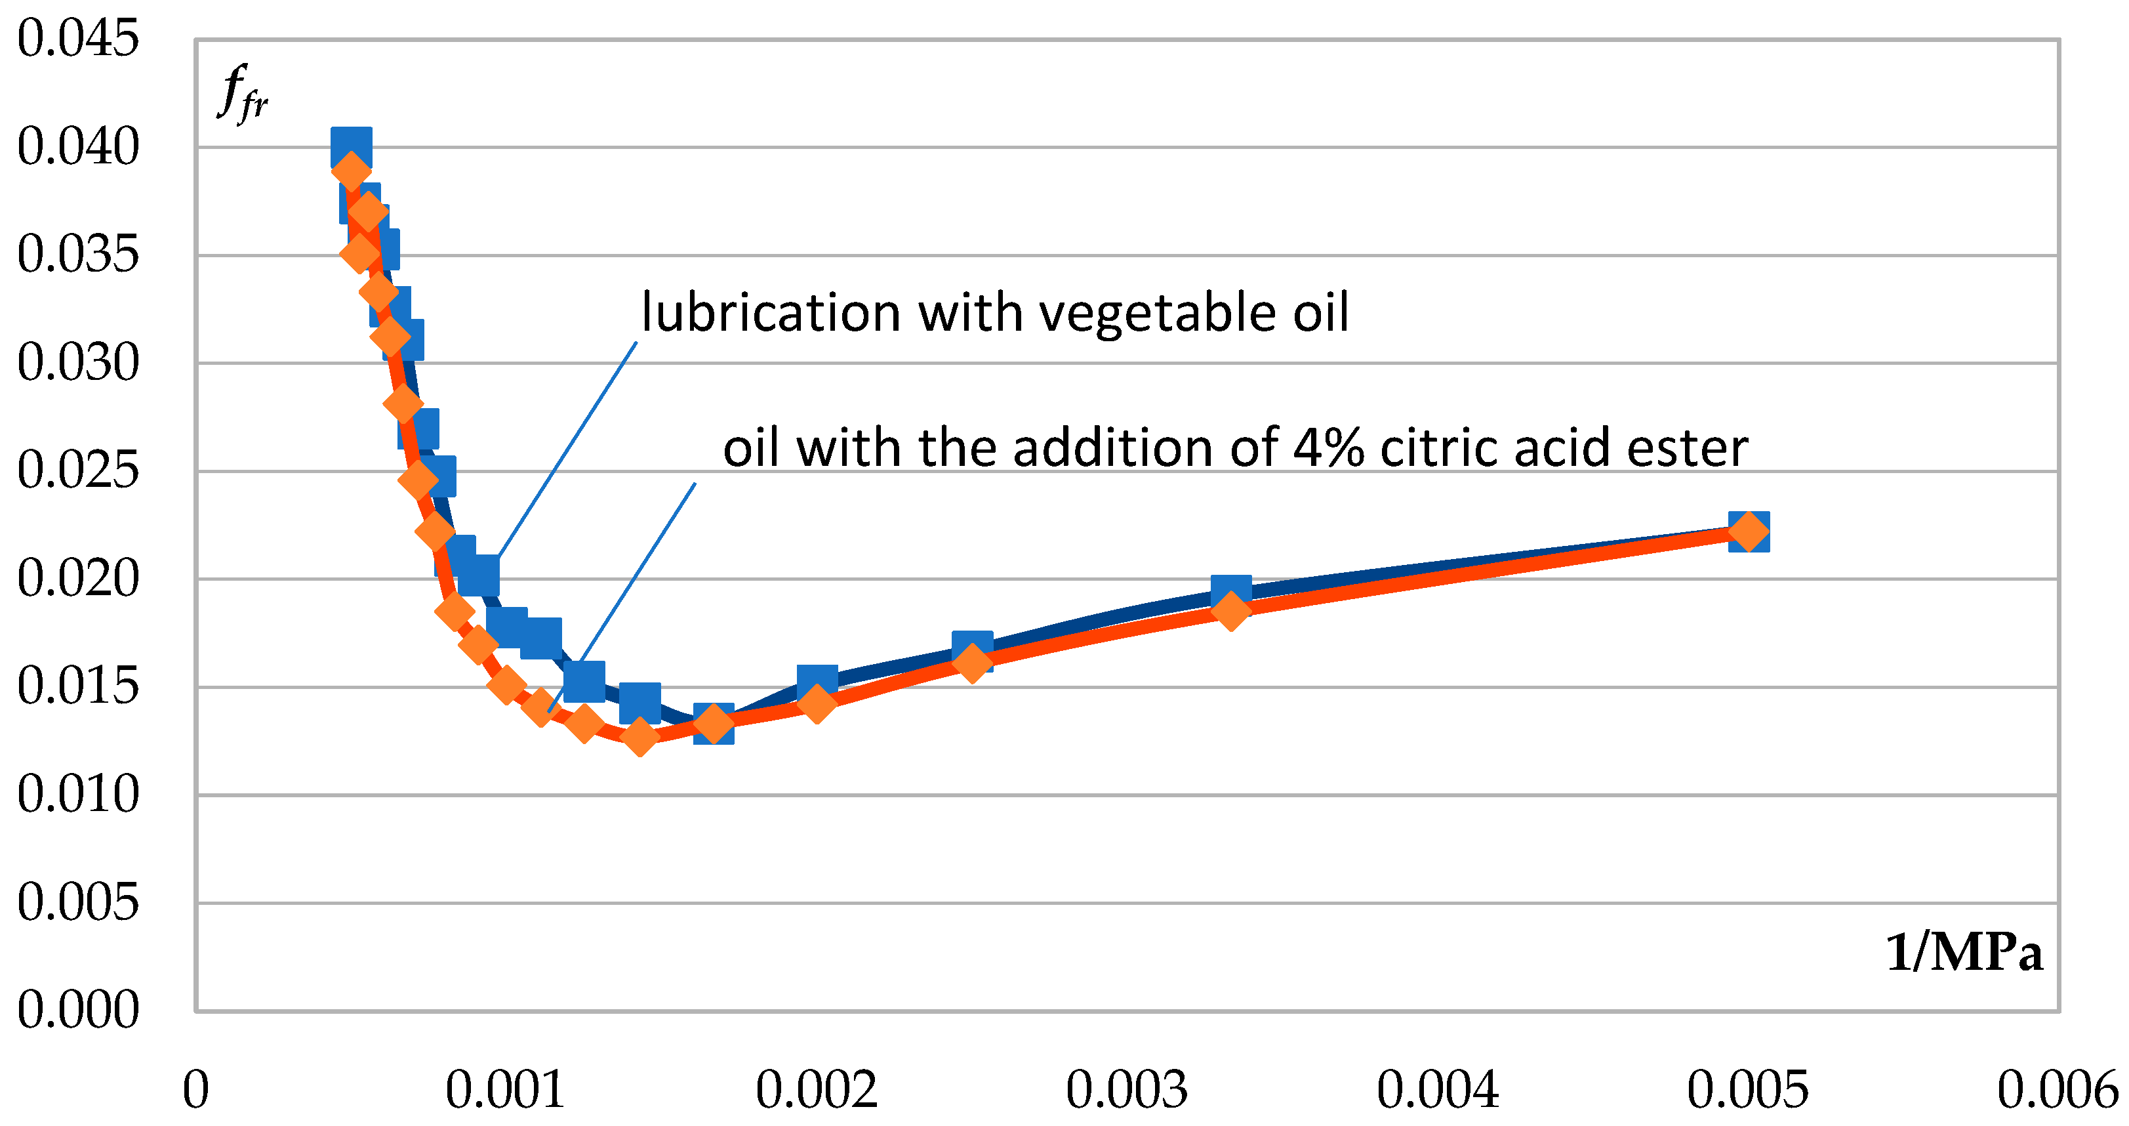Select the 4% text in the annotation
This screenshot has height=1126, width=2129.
click(1328, 448)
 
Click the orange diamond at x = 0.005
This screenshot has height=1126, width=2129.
click(1749, 531)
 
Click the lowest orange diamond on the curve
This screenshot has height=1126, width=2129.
click(639, 736)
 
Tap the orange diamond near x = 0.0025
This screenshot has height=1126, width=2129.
click(973, 662)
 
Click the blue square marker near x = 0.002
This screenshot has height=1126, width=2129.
click(817, 681)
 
